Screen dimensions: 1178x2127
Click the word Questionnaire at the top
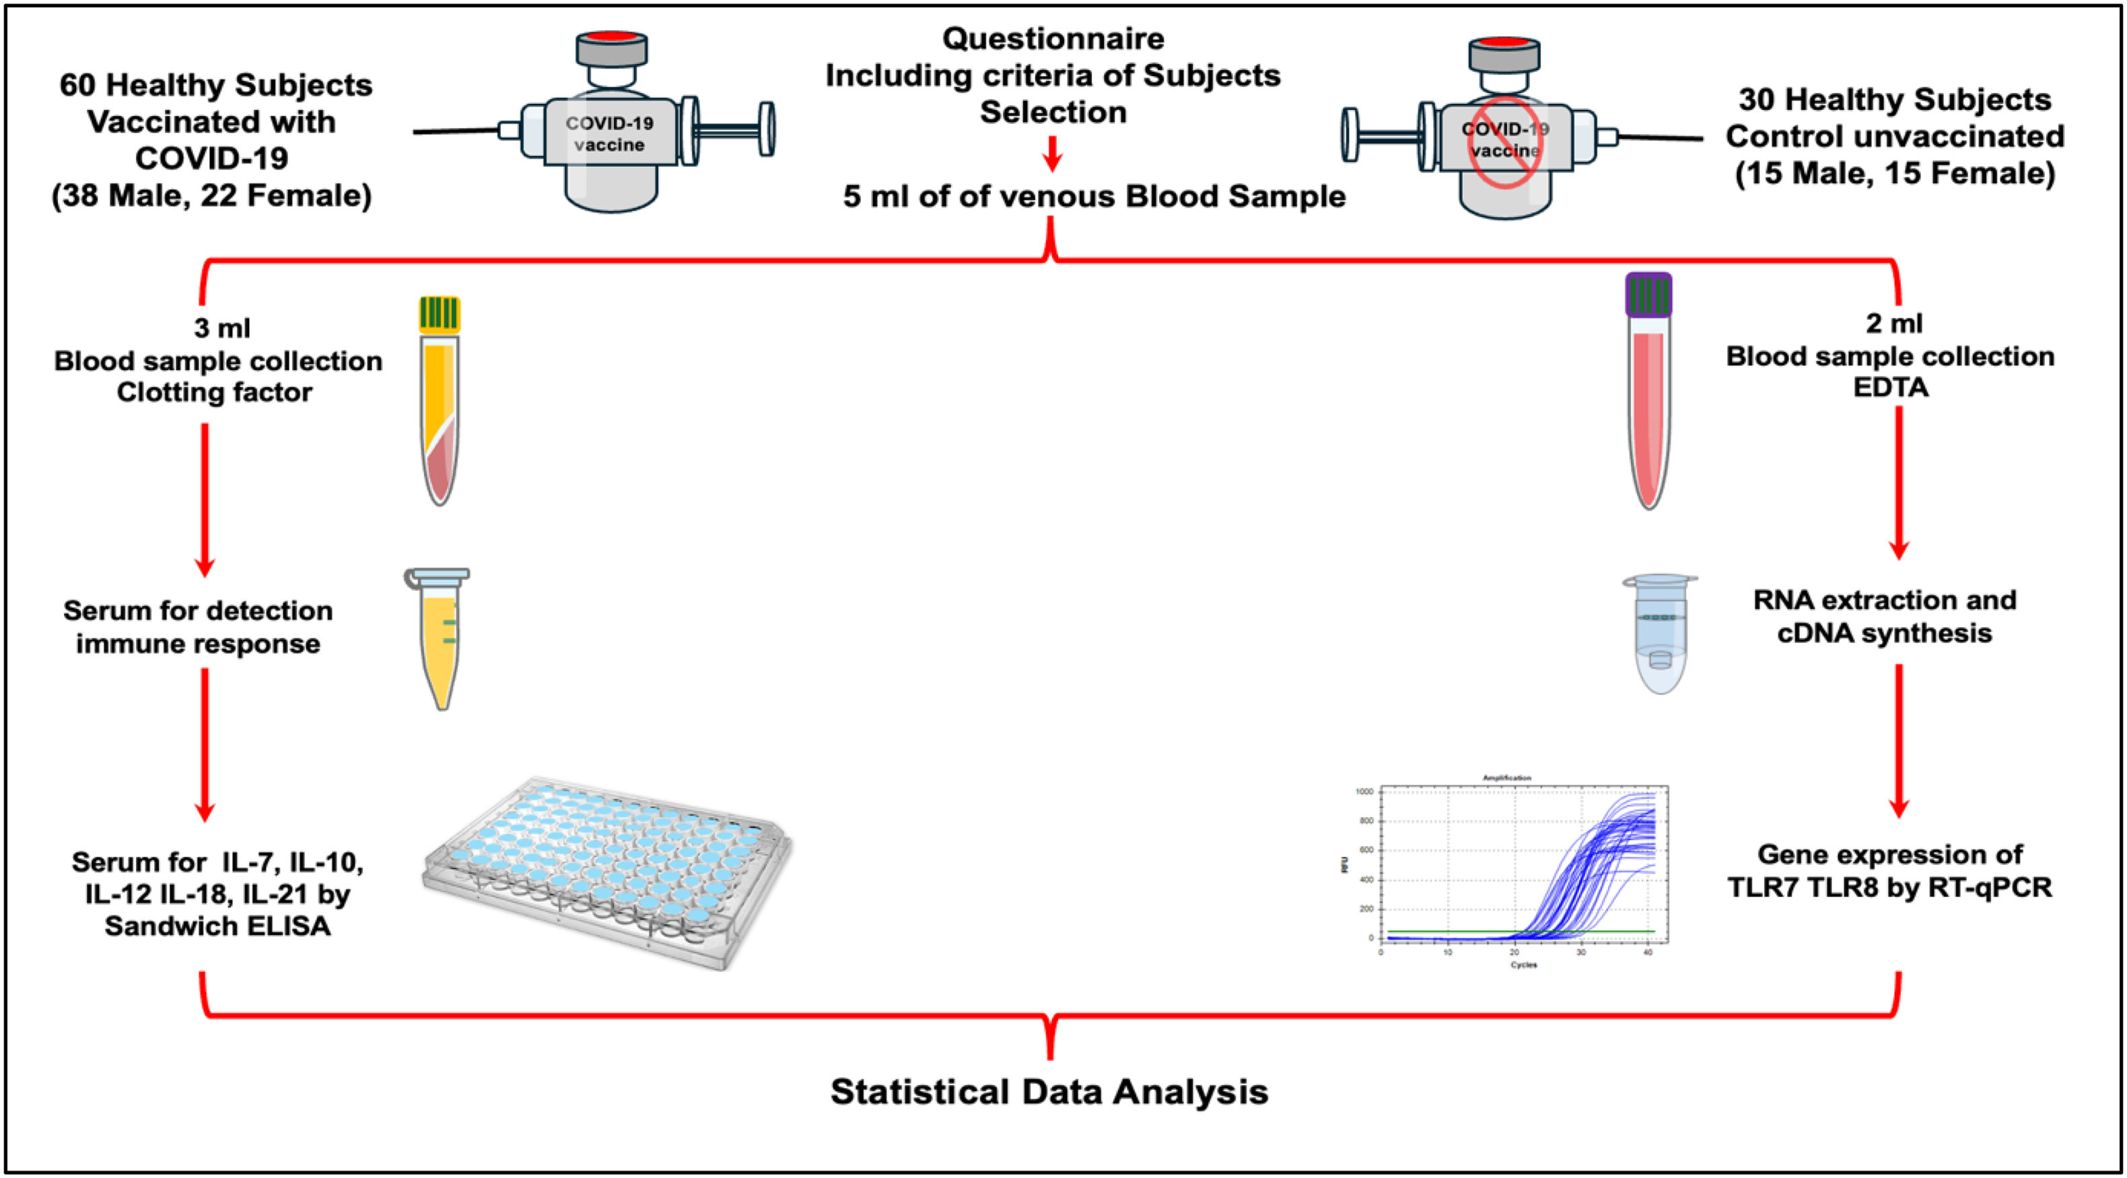click(x=1053, y=39)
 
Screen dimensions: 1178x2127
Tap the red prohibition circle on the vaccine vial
click(x=1505, y=142)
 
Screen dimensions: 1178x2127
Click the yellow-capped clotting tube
click(x=440, y=401)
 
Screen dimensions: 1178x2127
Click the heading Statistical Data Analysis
click(x=1049, y=1091)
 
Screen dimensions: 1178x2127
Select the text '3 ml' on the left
click(x=221, y=328)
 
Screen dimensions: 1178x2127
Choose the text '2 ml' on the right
click(x=1894, y=323)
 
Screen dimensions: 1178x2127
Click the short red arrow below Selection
click(x=1051, y=154)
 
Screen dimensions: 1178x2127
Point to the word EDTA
click(x=1891, y=387)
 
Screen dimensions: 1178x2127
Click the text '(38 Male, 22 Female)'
click(x=212, y=196)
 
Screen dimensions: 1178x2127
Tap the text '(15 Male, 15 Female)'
click(x=1895, y=174)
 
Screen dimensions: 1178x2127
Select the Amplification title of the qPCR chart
click(x=1507, y=777)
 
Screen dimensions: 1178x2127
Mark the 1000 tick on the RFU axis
click(x=1364, y=791)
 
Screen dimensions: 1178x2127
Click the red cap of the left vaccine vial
click(x=611, y=38)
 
